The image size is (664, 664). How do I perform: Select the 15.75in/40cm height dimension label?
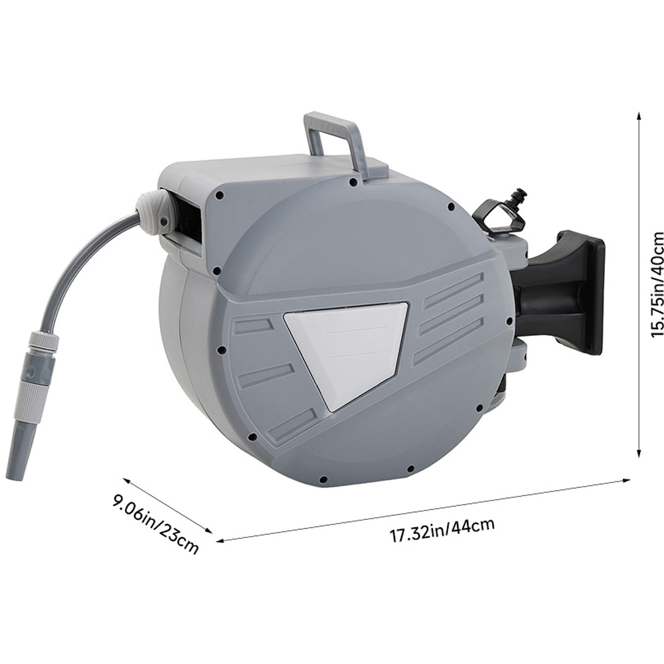[657, 285]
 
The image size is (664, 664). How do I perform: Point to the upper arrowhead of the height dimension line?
[639, 115]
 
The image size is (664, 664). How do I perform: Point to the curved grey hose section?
[73, 266]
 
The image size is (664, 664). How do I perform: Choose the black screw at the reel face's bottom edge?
[321, 479]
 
